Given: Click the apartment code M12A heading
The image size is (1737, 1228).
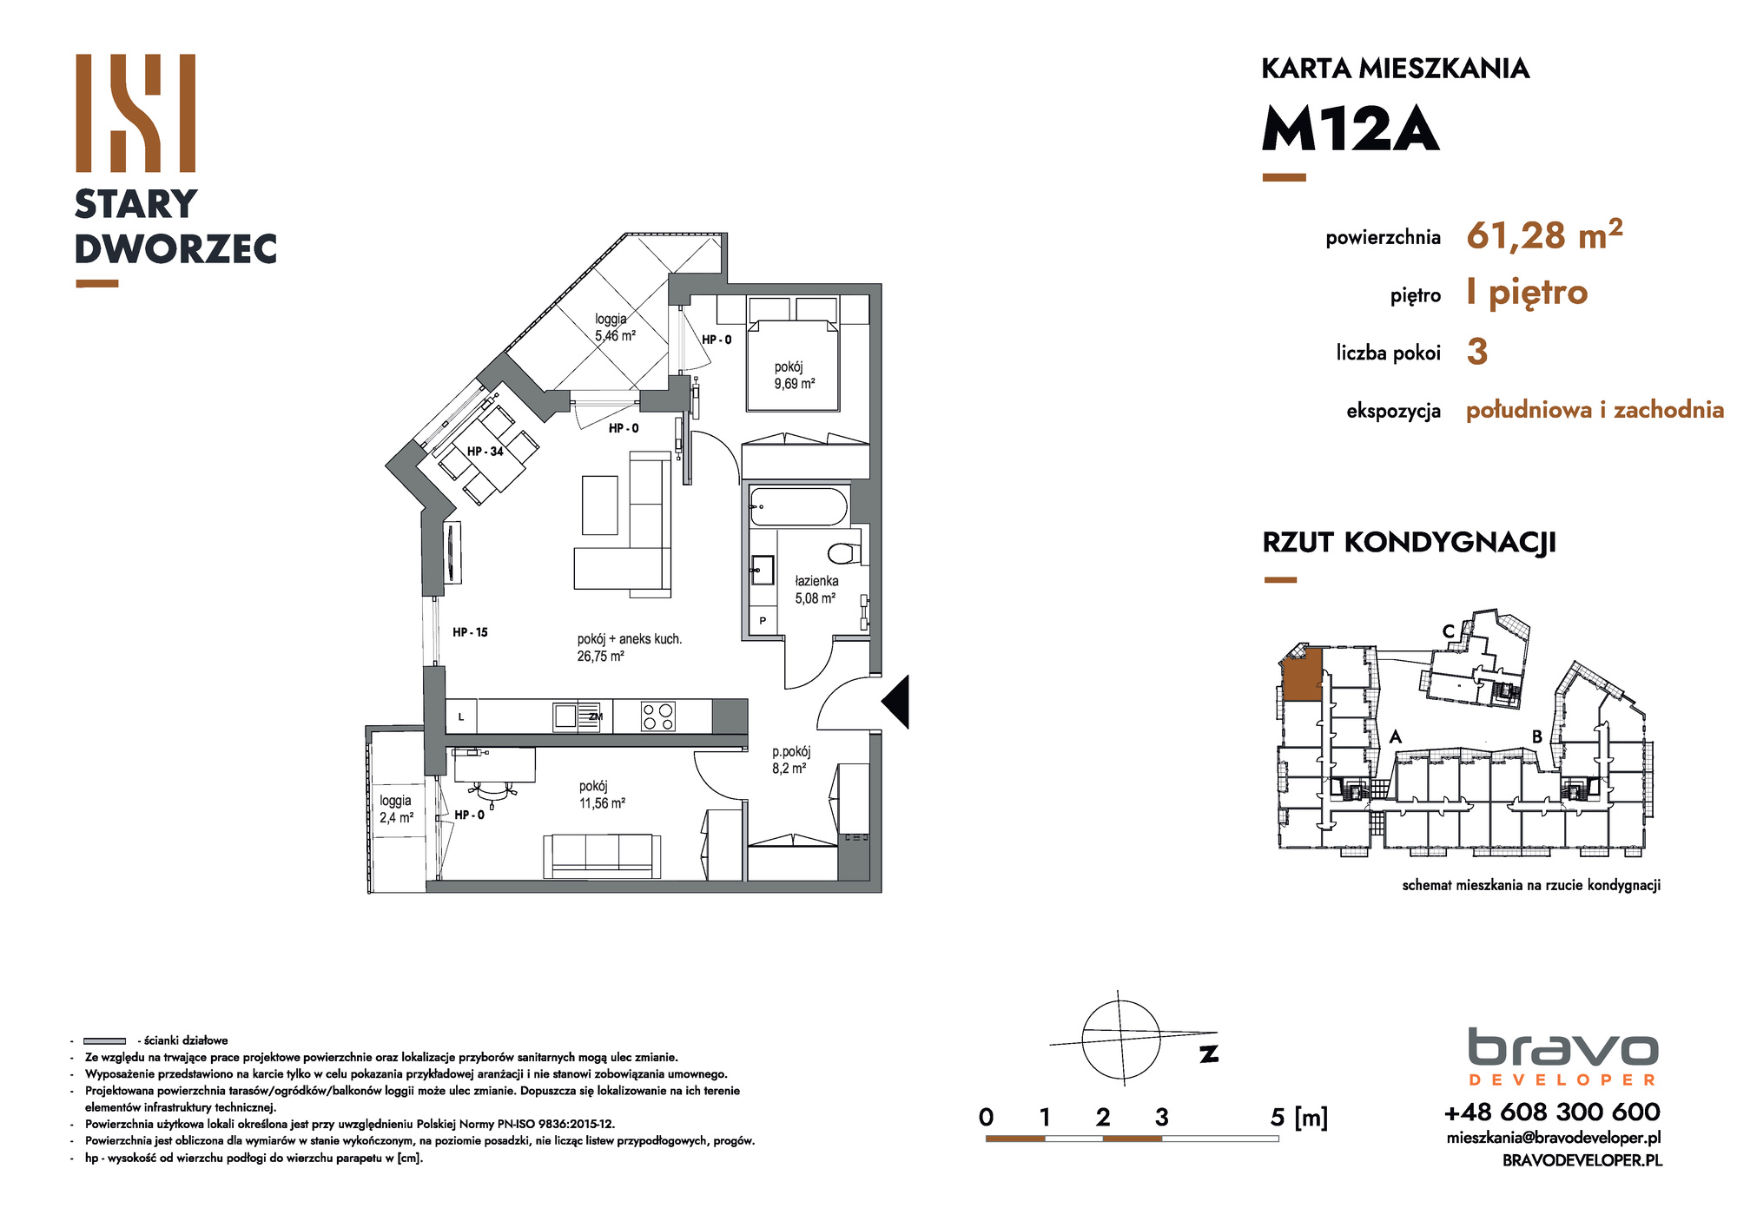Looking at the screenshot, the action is coord(1351,129).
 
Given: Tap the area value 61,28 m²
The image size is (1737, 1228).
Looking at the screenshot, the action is coord(1544,234).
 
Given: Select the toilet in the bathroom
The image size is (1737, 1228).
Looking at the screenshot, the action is coord(843,552).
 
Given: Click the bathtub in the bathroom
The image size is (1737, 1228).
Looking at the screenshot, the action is coord(798,506).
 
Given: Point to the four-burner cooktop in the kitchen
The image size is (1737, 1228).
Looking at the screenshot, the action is coord(657,716).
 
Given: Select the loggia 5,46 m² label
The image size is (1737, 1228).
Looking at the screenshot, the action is coord(615,327).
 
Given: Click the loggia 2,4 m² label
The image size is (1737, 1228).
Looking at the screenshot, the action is coord(396,809).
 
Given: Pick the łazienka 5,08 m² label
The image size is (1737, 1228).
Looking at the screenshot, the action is coord(816,590).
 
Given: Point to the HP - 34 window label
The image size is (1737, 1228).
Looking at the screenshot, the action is coord(485,452).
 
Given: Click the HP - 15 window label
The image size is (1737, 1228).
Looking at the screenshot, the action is coord(470,632).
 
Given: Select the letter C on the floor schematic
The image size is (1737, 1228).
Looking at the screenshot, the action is coord(1449,631).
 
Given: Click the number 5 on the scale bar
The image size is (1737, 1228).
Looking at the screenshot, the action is coord(1277,1117).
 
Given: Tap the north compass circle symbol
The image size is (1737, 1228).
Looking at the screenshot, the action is coord(1121,1040).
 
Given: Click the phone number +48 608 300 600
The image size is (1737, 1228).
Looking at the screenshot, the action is coord(1552,1112).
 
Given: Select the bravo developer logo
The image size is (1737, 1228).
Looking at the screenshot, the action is coord(1563,1057).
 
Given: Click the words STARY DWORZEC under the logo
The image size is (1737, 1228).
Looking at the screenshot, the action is coord(175,227).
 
